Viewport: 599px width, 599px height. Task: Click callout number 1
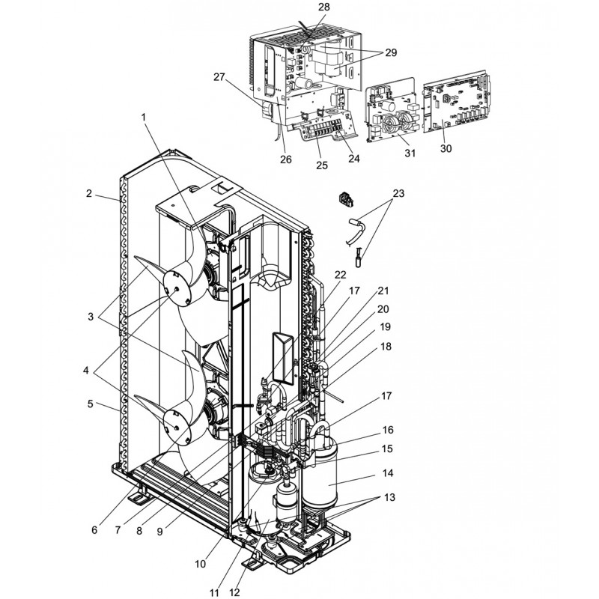144,118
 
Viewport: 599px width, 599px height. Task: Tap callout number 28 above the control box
324,7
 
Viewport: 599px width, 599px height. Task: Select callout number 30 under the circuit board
446,148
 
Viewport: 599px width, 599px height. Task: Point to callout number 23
398,194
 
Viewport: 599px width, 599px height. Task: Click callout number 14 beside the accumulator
388,473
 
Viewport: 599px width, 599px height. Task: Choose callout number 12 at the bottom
234,592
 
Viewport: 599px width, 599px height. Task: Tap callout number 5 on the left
90,404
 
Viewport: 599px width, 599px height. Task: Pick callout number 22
340,275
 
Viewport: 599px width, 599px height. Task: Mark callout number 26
285,159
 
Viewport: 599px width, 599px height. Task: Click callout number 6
94,530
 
